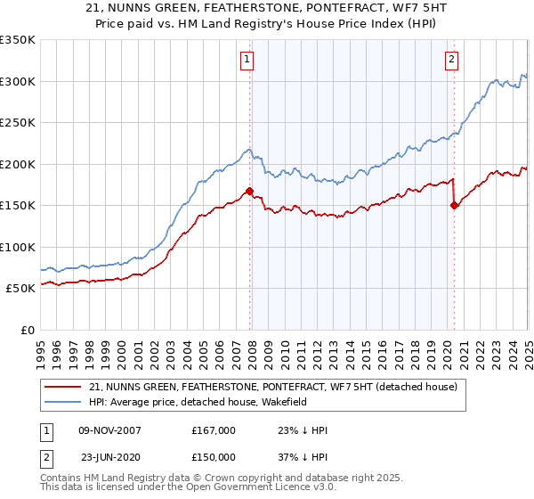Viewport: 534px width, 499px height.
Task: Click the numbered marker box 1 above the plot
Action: pyautogui.click(x=246, y=61)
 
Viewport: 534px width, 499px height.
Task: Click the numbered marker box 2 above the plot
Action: pyautogui.click(x=452, y=61)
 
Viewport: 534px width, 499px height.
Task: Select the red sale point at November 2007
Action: pyautogui.click(x=249, y=190)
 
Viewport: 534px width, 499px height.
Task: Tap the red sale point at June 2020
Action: pyautogui.click(x=455, y=204)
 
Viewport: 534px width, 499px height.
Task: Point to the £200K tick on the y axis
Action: pyautogui.click(x=17, y=164)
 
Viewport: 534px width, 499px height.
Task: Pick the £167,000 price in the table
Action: pyautogui.click(x=214, y=430)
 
